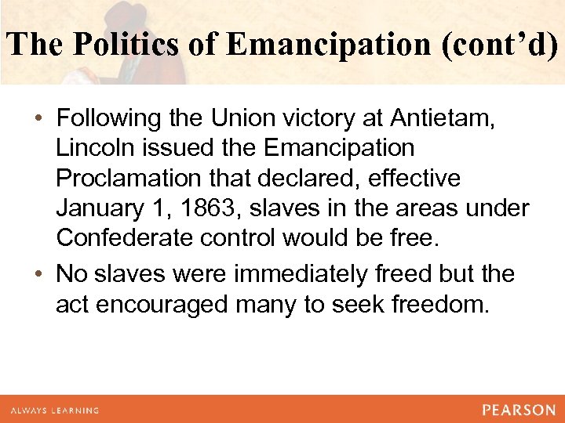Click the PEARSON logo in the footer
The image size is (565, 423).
(519, 410)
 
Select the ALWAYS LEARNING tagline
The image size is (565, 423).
(55, 410)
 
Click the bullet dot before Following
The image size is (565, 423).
(38, 120)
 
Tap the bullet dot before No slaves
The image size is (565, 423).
(38, 276)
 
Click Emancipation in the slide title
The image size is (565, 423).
(319, 45)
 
